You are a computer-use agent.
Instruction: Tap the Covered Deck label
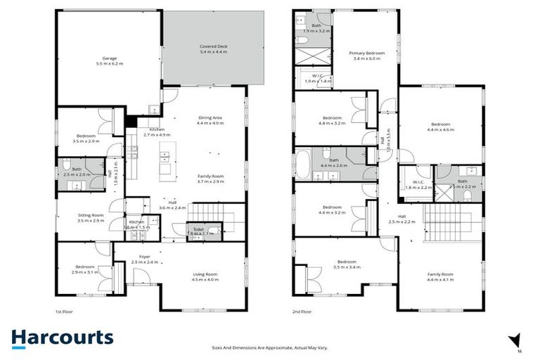point(214,49)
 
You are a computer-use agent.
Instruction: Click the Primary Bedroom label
point(366,56)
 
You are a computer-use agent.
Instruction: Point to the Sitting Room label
point(91,218)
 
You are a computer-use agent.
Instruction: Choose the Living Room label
point(206,276)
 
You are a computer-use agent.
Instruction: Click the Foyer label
point(144,259)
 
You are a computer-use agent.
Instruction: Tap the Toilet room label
point(202,230)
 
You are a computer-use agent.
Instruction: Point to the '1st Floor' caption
point(64,311)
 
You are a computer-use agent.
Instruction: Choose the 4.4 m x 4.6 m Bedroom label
point(439,127)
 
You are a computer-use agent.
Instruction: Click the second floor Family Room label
point(440,276)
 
